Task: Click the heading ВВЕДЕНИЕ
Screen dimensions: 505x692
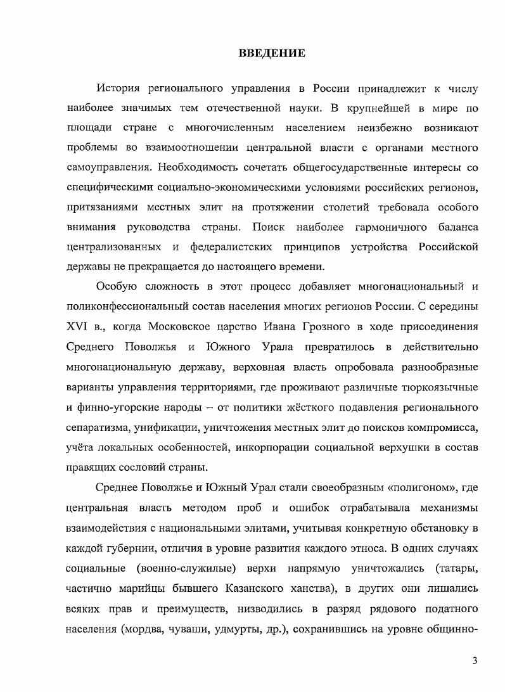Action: tap(272, 53)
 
